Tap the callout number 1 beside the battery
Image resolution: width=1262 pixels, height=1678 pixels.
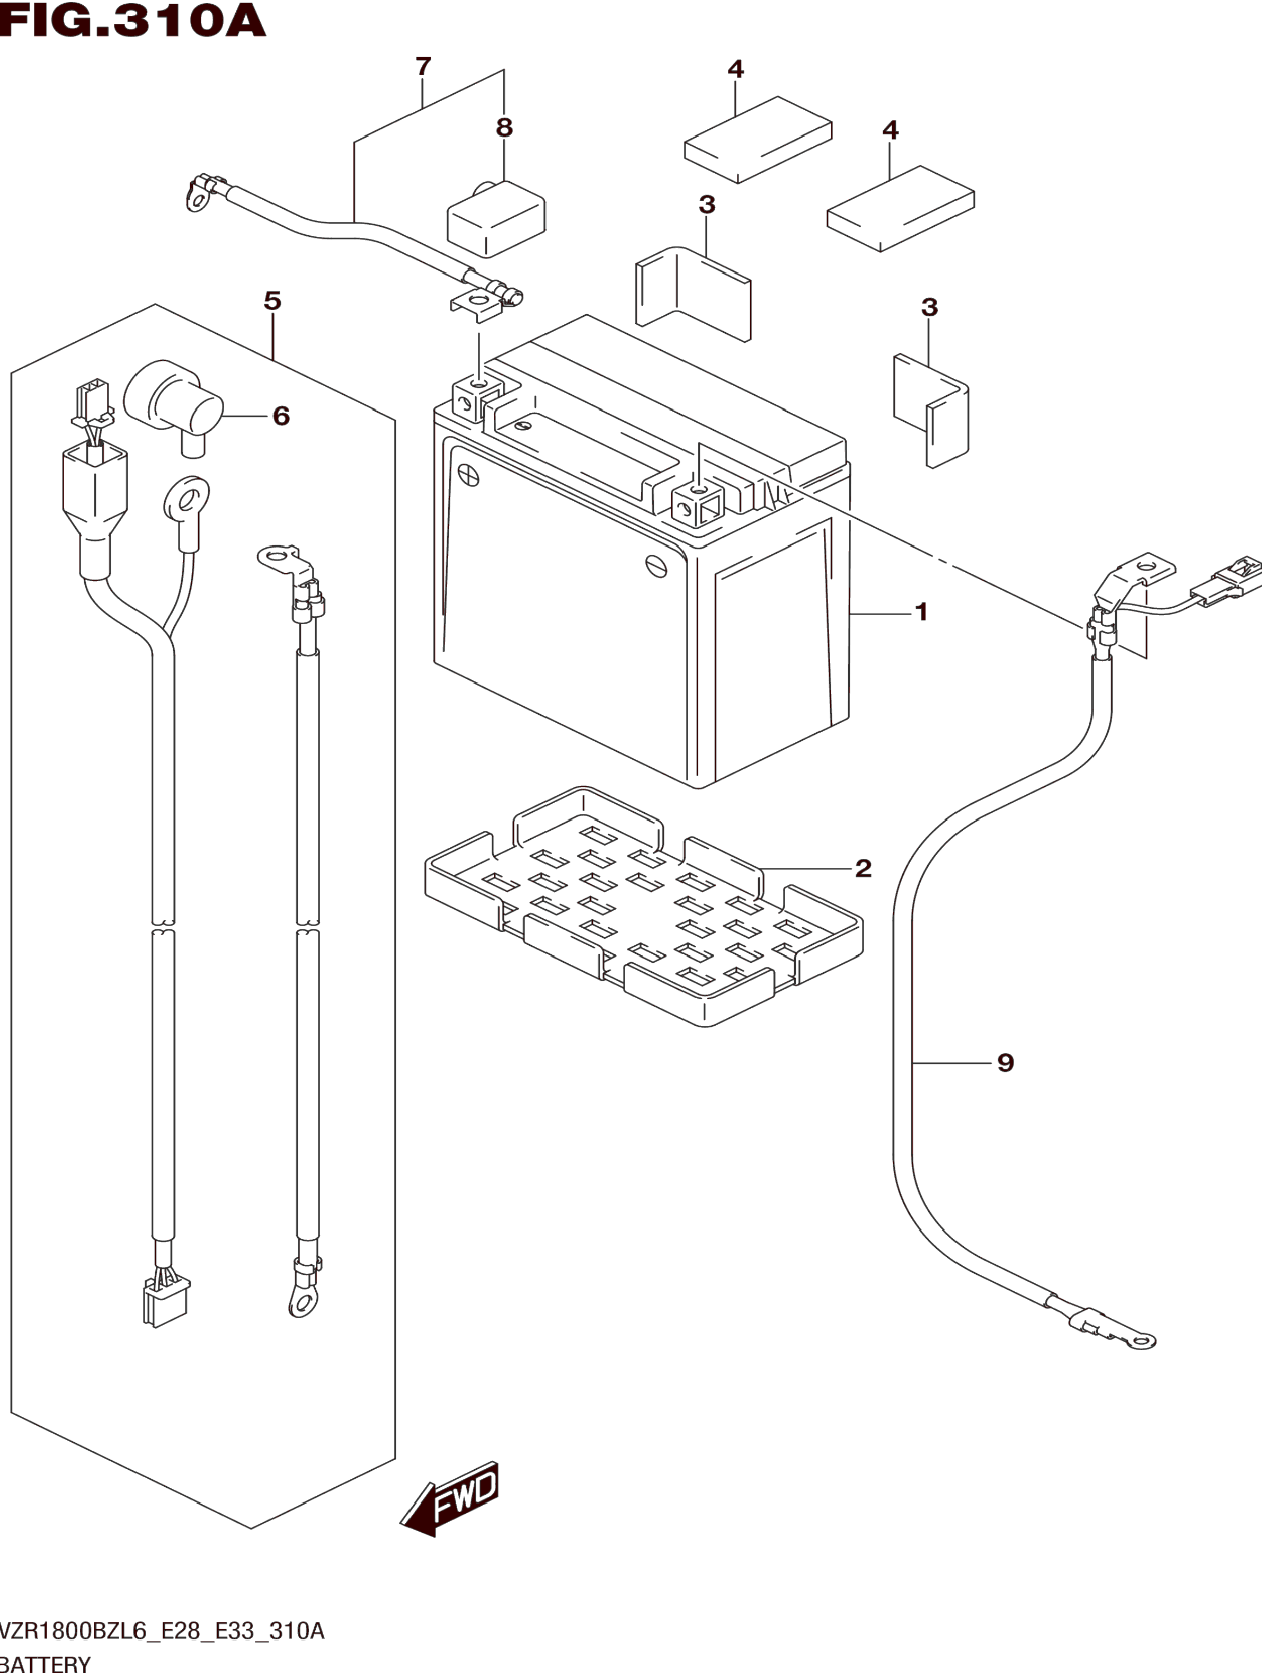coord(921,611)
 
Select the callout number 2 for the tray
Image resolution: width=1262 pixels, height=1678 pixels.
coord(863,868)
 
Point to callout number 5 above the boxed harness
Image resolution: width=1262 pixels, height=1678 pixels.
coord(272,300)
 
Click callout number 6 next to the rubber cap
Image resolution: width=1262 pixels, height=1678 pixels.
coord(281,416)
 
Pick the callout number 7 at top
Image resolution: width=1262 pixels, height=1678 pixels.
coord(423,66)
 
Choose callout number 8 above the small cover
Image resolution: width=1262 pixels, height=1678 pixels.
coord(504,128)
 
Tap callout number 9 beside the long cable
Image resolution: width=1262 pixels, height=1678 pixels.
coord(1006,1063)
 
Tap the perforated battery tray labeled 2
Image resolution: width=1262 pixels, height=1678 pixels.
coord(644,907)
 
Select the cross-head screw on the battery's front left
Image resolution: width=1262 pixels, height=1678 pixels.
coord(469,476)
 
